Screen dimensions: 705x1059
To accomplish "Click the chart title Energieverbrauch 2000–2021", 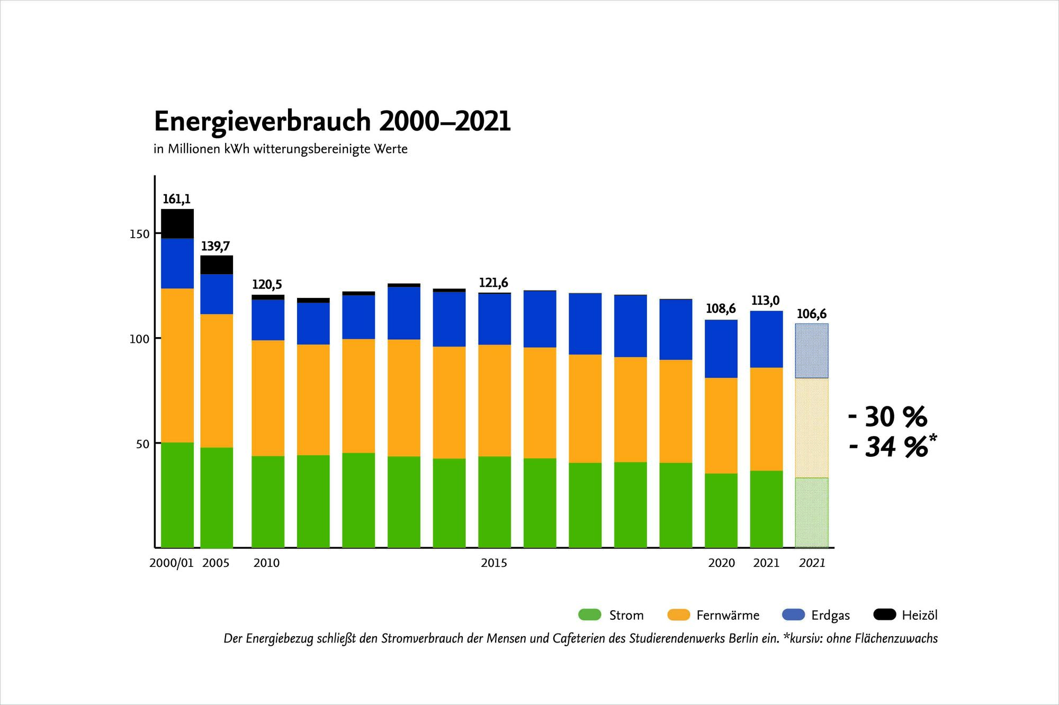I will click(x=332, y=122).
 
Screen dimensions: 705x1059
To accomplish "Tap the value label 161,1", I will click(x=176, y=200).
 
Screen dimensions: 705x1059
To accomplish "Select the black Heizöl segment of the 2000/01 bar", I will click(x=177, y=224).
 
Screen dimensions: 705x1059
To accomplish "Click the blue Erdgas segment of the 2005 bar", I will click(x=217, y=294).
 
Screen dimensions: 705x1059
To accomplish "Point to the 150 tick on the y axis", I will click(x=139, y=234).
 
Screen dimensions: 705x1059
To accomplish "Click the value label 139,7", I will click(x=215, y=247).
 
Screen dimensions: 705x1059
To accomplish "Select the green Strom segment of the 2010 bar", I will click(x=267, y=501).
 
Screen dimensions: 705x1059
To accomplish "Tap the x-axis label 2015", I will click(x=494, y=563).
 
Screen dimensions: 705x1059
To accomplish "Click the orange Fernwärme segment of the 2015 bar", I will click(x=495, y=401).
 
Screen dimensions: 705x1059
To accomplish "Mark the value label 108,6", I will click(x=721, y=309).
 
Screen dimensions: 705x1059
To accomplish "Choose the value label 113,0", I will click(x=766, y=301).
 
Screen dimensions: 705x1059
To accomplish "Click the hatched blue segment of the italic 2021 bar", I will click(x=812, y=351).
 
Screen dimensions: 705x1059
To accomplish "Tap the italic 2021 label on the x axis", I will click(x=812, y=563).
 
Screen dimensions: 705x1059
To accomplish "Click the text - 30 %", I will click(x=887, y=418).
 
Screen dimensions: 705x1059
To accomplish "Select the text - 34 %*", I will click(x=893, y=447).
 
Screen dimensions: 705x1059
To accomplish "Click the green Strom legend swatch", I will click(x=589, y=615).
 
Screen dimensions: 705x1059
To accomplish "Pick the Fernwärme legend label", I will click(x=728, y=616).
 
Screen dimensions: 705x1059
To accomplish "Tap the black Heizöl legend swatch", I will click(x=884, y=615).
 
